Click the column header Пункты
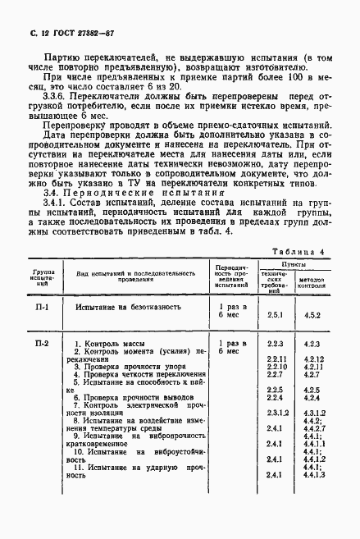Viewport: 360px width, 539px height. point(293,264)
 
